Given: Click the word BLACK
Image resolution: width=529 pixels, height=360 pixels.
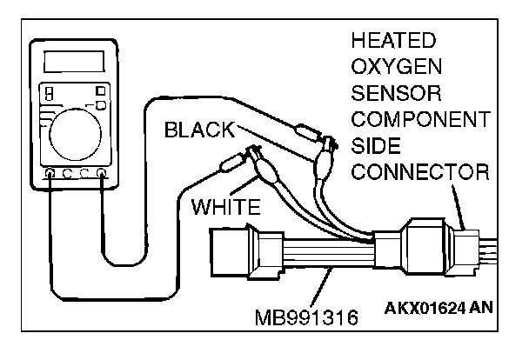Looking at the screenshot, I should pyautogui.click(x=201, y=130).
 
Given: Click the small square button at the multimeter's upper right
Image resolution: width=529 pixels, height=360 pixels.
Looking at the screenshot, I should pyautogui.click(x=101, y=90).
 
